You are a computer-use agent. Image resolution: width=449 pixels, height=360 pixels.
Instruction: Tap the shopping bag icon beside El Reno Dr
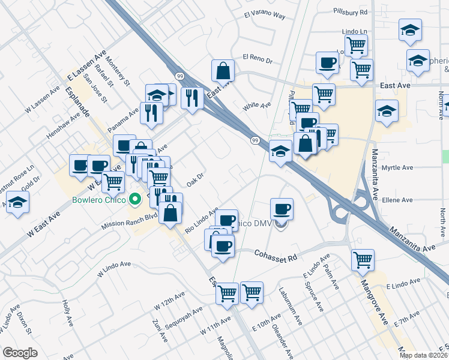[x=223, y=71]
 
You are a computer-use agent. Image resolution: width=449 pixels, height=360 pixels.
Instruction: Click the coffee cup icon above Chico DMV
[x=282, y=209]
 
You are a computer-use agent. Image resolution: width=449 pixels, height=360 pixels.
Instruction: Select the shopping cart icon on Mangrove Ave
[x=363, y=260]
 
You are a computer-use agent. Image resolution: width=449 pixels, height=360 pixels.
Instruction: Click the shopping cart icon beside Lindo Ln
[x=356, y=44]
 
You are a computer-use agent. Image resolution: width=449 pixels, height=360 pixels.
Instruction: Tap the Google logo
[x=20, y=352]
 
